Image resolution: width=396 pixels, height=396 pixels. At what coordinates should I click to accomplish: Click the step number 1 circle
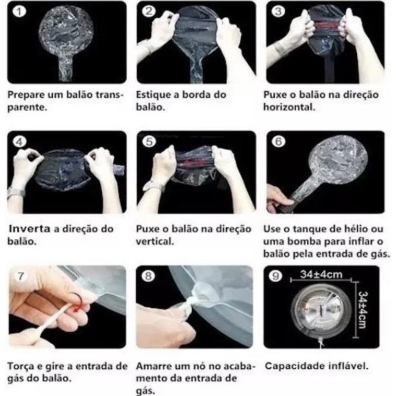[x=19, y=11]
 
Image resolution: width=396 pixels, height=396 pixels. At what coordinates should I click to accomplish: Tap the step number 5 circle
[x=149, y=142]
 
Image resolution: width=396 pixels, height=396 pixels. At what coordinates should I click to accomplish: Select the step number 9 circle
[x=275, y=276]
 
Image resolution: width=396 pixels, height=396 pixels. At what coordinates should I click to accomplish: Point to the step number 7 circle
[x=21, y=276]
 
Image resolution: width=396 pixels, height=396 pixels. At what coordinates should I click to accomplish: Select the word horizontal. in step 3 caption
[x=289, y=107]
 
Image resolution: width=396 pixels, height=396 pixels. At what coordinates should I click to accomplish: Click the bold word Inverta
[x=30, y=229]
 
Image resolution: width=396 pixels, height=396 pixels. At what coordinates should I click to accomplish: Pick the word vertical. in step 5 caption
[x=155, y=242]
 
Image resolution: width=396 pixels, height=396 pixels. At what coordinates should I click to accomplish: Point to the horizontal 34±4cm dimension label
[x=321, y=274]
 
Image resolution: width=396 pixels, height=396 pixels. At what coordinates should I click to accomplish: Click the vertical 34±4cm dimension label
[x=363, y=310]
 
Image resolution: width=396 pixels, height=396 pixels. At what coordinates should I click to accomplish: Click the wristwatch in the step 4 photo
[x=16, y=192]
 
